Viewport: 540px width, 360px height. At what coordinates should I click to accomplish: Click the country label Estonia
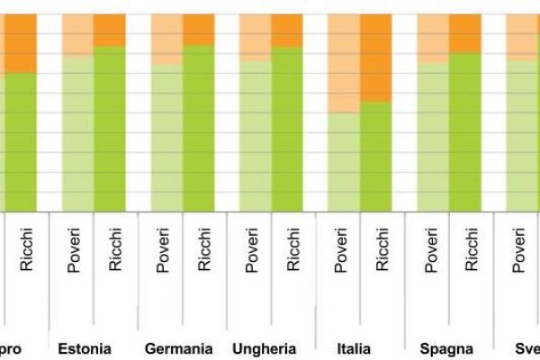pos(85,348)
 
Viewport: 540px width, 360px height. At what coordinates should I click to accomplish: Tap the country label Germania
pos(179,348)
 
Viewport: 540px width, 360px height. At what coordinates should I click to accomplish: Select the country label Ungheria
pos(265,348)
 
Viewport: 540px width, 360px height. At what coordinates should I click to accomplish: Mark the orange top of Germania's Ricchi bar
pos(199,30)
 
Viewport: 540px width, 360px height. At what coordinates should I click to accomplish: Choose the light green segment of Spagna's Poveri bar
pos(433,136)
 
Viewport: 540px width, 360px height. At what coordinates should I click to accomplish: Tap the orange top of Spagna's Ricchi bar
pos(465,33)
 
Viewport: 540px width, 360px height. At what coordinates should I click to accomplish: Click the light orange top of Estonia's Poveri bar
pos(78,35)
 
